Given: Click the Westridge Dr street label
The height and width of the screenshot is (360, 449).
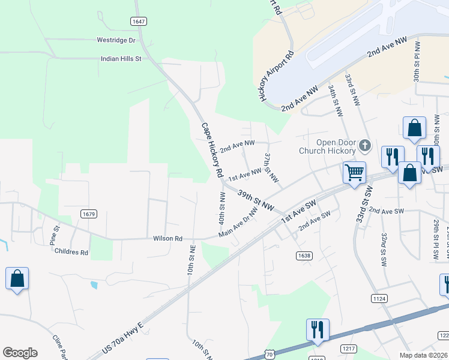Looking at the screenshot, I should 116,40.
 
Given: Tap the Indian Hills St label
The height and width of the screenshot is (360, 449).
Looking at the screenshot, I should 121,59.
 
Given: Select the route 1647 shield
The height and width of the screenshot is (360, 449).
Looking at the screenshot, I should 138,22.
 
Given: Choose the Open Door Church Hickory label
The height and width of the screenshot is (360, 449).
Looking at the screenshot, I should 327,147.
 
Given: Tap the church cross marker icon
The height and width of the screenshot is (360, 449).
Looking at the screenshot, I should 364,146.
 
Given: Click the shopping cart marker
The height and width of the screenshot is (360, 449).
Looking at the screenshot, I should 354,172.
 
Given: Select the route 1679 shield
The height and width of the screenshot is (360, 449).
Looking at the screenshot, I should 89,214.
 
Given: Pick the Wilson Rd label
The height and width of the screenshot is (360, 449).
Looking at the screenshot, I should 167,238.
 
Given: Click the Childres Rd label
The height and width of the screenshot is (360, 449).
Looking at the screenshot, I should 71,253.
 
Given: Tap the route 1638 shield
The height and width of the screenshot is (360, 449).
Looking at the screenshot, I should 304,256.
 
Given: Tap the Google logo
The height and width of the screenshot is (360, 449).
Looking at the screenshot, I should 20,353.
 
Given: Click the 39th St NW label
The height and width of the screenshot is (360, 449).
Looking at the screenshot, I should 256,201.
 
